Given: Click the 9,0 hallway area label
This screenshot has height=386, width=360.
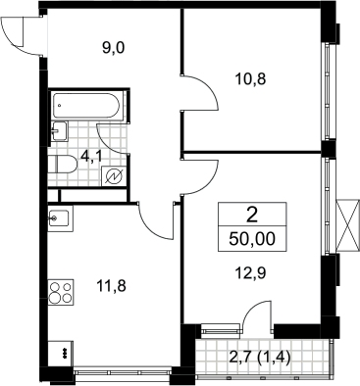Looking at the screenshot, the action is coord(114,48).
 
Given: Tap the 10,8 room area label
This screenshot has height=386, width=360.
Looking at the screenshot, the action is coord(250,79).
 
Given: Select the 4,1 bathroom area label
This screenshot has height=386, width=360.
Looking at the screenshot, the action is coord(91,157).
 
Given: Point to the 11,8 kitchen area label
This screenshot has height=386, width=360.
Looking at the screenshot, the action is coord(111,286).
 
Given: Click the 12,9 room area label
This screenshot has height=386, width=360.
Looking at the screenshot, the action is coord(250,272).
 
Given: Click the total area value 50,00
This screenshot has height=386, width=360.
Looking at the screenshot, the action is coord(252,239).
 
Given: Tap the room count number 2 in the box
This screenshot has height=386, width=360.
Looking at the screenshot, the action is coord(252,216).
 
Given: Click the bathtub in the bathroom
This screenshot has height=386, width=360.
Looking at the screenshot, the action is coord(87,106).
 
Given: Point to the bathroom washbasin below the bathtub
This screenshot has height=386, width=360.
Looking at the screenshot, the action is coord(59,131).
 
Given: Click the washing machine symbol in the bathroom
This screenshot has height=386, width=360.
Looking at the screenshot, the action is coord(114,176).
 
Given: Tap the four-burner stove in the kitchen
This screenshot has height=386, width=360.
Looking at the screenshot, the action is coord(61,293).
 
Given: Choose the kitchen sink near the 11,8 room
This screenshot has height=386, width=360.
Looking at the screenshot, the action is coord(59,218).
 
